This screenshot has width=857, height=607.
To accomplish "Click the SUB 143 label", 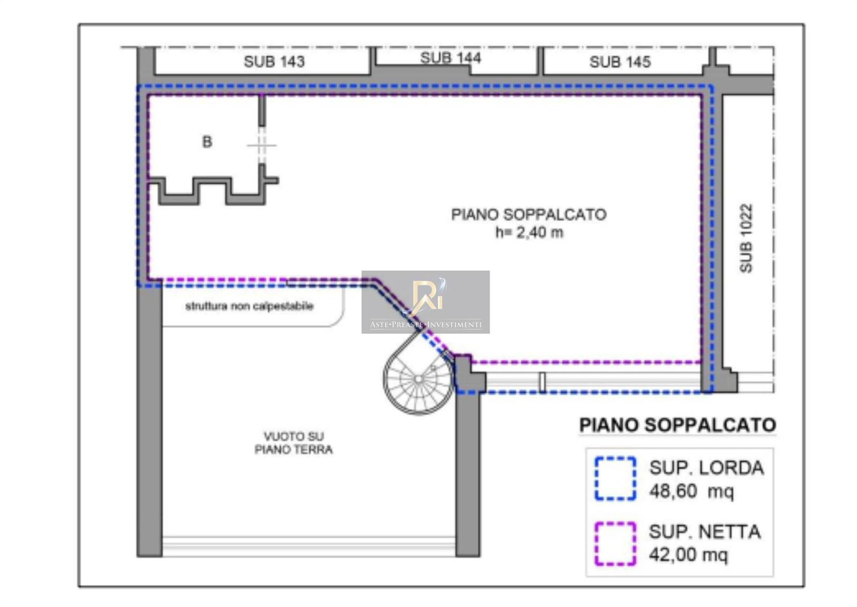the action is point(274,62).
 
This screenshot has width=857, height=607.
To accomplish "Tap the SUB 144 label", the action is point(450,58).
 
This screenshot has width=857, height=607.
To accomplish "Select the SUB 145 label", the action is point(620,62).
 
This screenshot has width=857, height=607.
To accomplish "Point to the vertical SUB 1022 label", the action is point(746,238).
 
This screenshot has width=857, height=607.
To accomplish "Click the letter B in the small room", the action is point(207,142).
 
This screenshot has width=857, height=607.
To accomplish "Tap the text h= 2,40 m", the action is point(529,233).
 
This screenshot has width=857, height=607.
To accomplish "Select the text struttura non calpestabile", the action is point(250,306).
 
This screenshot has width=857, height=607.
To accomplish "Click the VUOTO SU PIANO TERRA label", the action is point(294,443).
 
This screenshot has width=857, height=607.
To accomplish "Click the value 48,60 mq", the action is point(691,491).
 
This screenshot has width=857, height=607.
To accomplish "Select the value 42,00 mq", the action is point(688,554).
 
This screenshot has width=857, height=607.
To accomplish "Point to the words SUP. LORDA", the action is point(706,468).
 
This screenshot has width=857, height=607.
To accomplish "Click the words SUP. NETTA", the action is point(705,531).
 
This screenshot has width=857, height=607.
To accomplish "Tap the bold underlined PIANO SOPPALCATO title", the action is point(678,425).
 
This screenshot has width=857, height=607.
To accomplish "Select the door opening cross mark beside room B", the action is point(262,145).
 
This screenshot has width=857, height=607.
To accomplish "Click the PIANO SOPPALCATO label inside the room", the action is point(529,214).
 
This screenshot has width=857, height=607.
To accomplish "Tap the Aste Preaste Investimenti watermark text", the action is point(425,325).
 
